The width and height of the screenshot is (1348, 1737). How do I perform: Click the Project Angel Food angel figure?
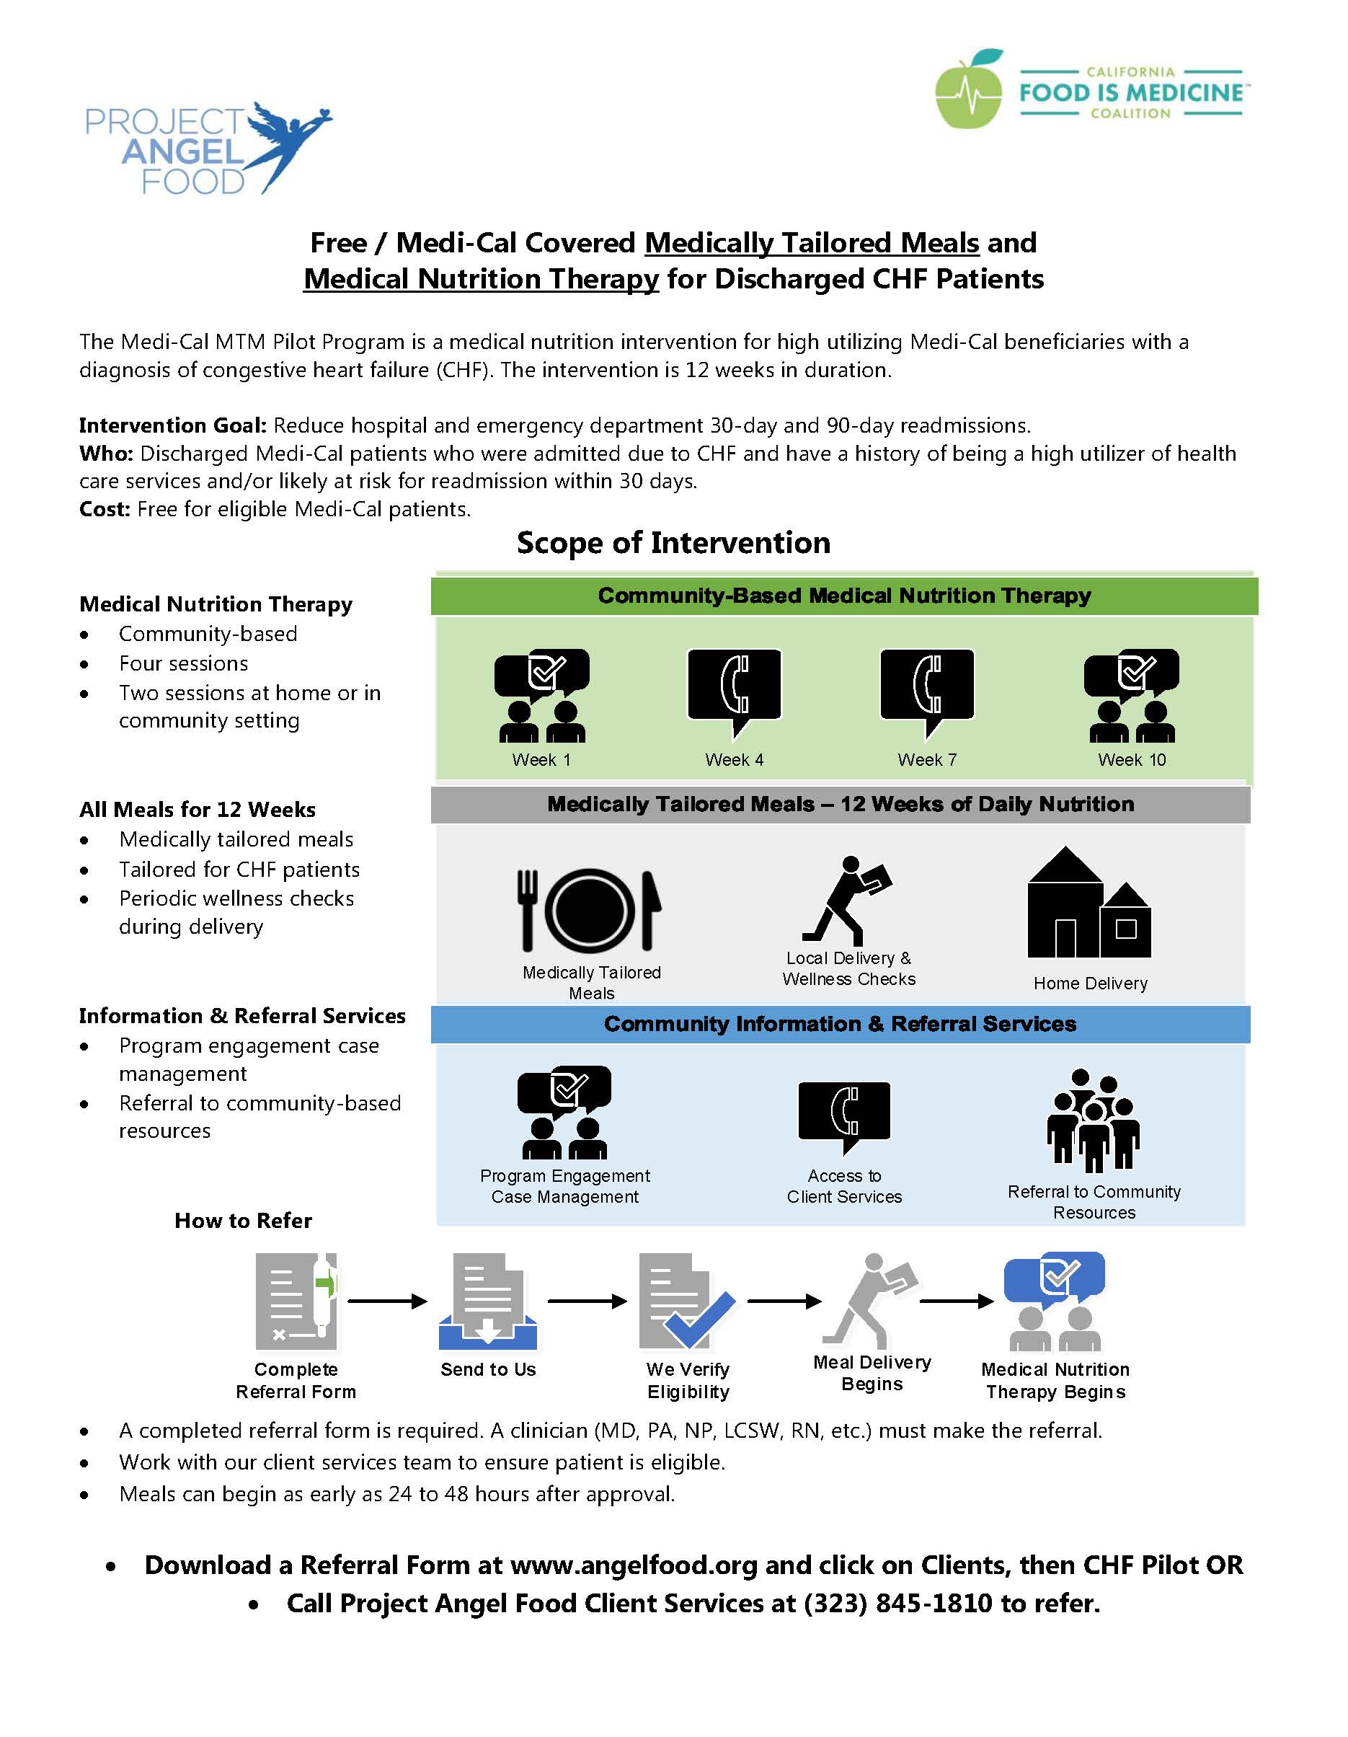click(x=286, y=143)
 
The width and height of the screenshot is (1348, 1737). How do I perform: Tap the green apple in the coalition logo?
click(x=969, y=90)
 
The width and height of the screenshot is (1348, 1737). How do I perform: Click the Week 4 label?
click(x=734, y=759)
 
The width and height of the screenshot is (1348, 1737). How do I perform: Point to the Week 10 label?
click(x=1132, y=759)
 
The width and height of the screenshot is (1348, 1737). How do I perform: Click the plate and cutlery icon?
click(x=590, y=910)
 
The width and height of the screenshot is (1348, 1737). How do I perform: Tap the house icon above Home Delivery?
click(x=1088, y=902)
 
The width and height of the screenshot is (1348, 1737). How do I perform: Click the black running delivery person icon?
click(x=846, y=900)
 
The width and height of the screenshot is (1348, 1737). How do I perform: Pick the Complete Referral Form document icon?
click(x=296, y=1301)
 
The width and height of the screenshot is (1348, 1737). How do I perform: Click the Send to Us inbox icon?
click(x=488, y=1301)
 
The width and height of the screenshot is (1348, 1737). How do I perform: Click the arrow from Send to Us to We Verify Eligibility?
click(x=587, y=1301)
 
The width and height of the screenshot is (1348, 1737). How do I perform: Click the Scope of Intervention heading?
click(x=673, y=542)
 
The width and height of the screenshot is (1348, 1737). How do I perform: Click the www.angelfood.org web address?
click(x=634, y=1565)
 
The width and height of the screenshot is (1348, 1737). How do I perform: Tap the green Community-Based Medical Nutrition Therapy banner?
click(x=844, y=596)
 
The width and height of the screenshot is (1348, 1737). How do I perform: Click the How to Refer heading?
click(x=244, y=1220)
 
